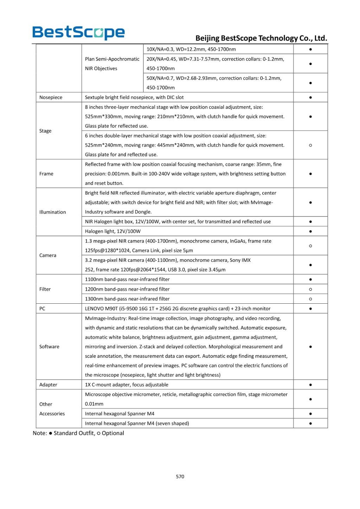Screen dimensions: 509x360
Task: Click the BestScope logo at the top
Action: [78, 33]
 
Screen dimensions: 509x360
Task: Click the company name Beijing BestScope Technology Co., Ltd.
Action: [261, 38]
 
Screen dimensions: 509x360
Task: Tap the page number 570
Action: [180, 476]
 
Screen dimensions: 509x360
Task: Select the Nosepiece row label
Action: [51, 97]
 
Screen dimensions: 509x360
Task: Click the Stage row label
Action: [45, 131]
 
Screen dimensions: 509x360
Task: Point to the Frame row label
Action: [46, 174]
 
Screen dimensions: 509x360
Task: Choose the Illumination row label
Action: [52, 212]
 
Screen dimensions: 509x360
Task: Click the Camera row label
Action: [48, 255]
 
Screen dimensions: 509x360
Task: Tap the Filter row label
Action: [45, 289]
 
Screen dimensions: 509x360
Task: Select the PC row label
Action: [42, 309]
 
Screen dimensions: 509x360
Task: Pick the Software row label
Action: [49, 347]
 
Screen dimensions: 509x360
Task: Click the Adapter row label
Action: [48, 385]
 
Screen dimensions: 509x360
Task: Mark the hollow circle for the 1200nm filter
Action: [310, 289]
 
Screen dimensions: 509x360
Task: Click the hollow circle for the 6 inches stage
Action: [310, 145]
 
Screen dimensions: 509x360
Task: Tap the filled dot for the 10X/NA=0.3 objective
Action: [310, 49]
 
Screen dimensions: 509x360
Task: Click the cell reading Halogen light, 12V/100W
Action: [113, 231]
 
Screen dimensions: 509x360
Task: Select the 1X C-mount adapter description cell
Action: [127, 385]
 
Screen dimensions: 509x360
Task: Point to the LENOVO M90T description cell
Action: [178, 309]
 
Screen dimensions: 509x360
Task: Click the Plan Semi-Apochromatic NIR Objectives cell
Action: [112, 64]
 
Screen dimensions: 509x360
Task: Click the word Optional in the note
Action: [113, 433]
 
